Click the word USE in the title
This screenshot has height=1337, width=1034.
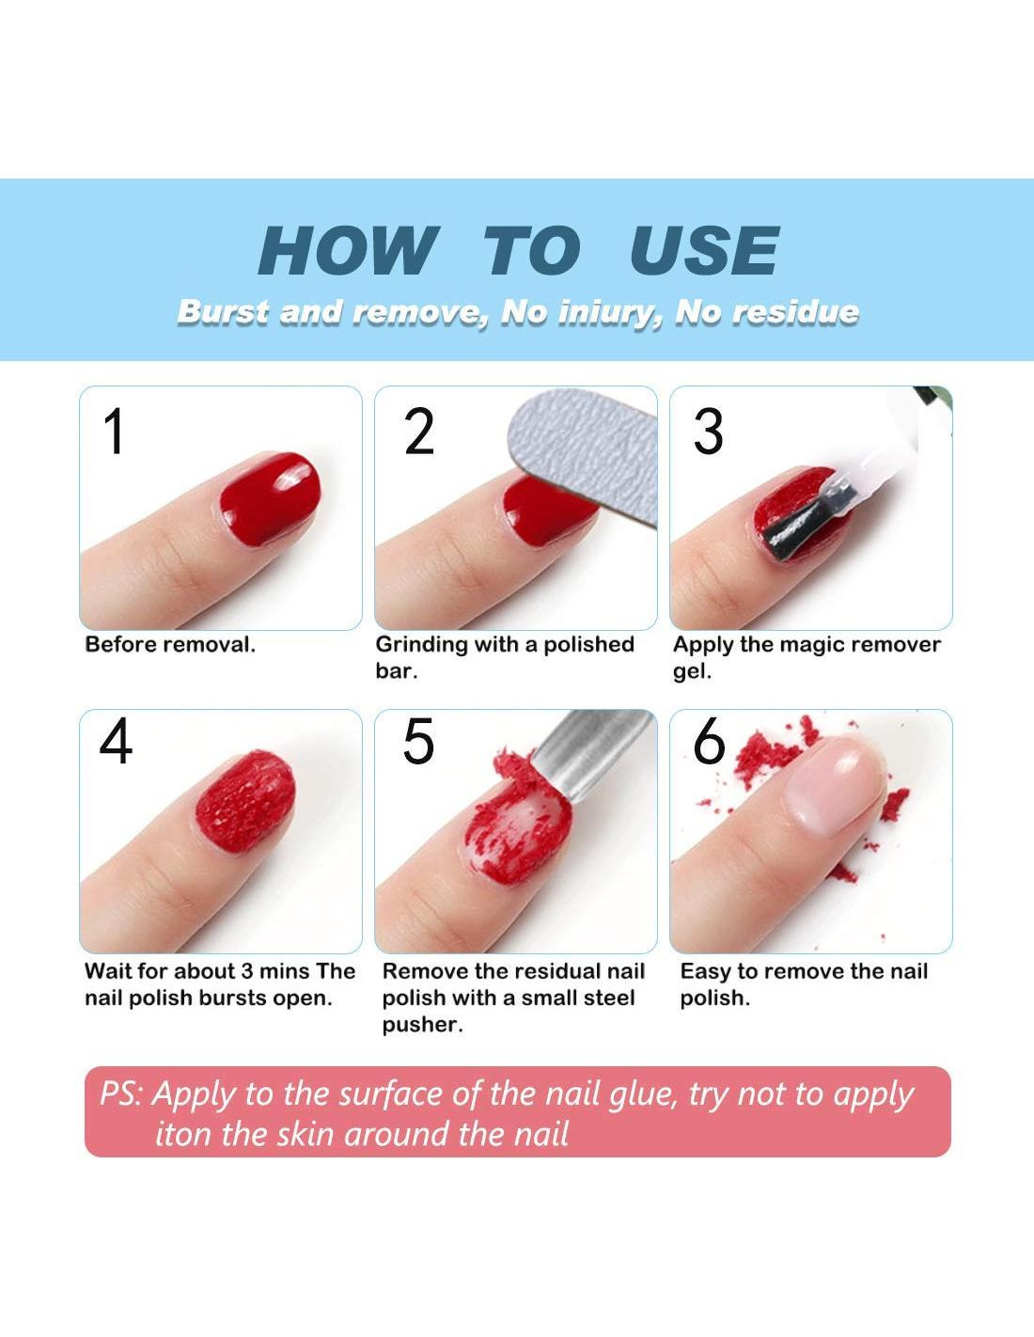coord(705,250)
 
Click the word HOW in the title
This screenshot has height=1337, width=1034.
coord(349,250)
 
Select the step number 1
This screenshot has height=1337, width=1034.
coord(115,432)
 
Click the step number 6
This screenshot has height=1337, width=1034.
coord(709,741)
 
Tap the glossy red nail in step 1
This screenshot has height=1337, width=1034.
coord(271,498)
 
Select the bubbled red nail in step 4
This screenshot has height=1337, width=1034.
coord(245,800)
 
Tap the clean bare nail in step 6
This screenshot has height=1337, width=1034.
coord(835,787)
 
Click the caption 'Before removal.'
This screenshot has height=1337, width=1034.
coord(170,645)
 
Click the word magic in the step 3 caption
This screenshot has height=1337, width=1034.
coord(804,645)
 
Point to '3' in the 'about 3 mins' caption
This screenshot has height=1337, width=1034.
coord(246,971)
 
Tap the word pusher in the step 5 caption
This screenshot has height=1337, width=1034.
coord(422,1025)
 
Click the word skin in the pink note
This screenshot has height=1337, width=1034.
coord(304,1134)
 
